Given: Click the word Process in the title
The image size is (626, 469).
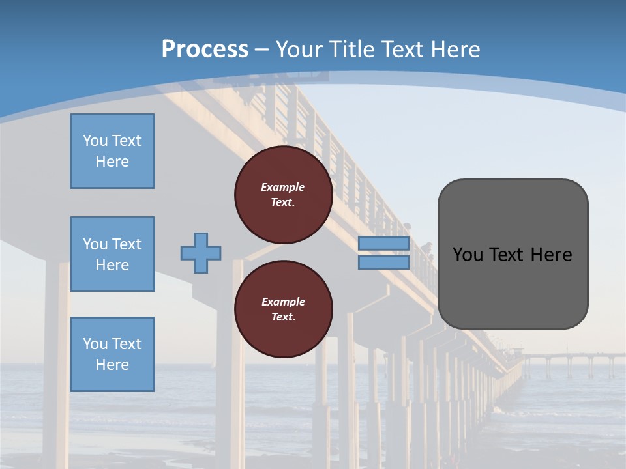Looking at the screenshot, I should click(x=205, y=50).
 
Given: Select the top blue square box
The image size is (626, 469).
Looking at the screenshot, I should click(x=112, y=151).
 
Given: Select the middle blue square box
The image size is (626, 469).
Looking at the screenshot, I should click(x=112, y=254).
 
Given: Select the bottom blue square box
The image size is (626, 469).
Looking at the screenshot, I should click(x=112, y=354).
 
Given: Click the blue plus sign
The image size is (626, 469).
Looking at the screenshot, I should click(x=201, y=253).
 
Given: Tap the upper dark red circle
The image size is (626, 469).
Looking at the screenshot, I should click(x=284, y=195).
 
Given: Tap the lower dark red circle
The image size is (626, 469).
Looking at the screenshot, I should click(x=284, y=309).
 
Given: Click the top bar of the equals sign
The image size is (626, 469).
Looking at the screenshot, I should click(x=383, y=244).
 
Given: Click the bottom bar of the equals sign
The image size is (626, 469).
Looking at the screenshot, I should click(x=383, y=263).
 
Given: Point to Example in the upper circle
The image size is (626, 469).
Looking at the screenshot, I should click(x=282, y=187).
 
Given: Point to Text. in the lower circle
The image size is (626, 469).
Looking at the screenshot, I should click(x=283, y=317).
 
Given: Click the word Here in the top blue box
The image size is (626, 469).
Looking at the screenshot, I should click(x=112, y=162).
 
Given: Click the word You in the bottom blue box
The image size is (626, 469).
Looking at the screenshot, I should click(x=95, y=343).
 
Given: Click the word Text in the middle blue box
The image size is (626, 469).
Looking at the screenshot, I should click(x=127, y=244).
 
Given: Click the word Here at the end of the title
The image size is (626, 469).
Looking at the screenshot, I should click(x=455, y=50).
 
